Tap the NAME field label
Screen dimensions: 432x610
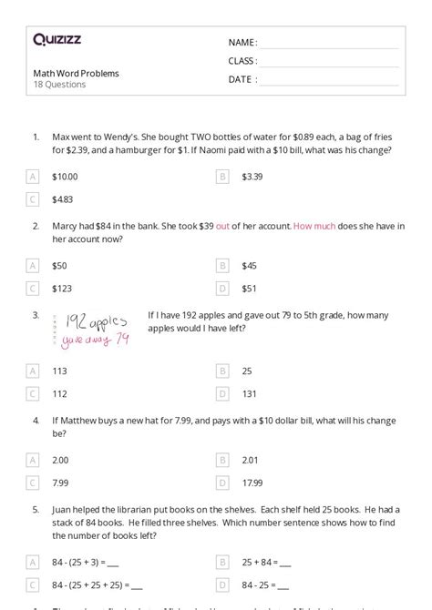(x=242, y=43)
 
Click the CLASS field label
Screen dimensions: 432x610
(x=242, y=61)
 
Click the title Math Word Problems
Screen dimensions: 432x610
(x=76, y=73)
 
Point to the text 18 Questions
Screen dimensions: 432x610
(x=59, y=85)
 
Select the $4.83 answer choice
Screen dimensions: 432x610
(x=63, y=198)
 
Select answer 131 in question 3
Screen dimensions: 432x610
(x=249, y=393)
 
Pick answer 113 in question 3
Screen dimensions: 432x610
(x=59, y=371)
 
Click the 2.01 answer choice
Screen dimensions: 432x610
(x=251, y=461)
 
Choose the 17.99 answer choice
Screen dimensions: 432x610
(x=252, y=483)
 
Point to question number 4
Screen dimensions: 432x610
(x=36, y=422)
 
